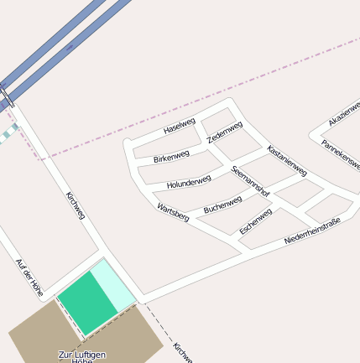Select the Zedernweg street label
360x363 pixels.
225,132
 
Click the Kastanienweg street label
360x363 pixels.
287,160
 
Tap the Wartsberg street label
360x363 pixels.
173,210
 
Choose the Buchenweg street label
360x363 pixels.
222,204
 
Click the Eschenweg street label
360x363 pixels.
255,220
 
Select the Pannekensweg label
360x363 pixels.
340,154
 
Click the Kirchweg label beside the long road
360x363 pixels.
76,206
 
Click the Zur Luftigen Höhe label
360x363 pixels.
82,355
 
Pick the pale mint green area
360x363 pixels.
115,283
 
